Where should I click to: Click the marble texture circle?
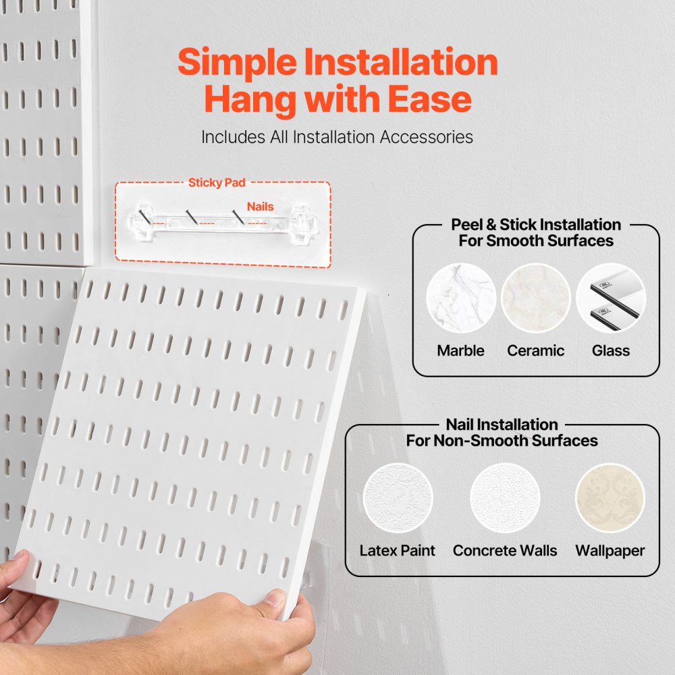pos(461,298)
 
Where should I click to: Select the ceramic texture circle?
pos(536,298)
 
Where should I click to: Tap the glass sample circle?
pos(611,298)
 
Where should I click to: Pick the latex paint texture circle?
pos(398,498)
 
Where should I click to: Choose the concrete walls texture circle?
pos(505,498)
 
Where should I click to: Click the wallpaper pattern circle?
pos(610,498)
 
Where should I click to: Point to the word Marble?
pos(460,350)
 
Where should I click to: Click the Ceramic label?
pos(536,350)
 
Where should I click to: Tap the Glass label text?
pos(611,350)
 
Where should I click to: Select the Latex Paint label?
pos(398,550)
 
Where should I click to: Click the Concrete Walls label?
pos(505,550)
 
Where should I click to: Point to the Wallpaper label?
pos(610,550)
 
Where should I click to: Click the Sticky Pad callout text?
pos(217,182)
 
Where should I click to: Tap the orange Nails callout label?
pos(260,207)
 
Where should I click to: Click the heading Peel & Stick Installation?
pos(536,224)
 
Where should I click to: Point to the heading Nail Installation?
pos(502,425)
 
